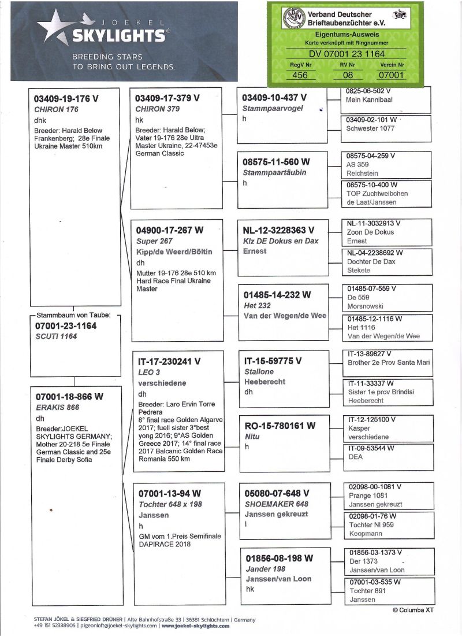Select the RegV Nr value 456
tap(300, 75)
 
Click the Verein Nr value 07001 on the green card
tap(392, 75)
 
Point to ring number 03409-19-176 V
tap(66, 99)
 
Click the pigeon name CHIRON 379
tap(158, 109)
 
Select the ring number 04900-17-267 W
tap(170, 230)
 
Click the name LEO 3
tap(146, 372)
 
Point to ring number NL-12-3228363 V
tap(279, 230)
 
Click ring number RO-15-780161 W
tap(280, 426)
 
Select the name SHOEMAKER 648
tap(277, 504)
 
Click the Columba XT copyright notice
tap(413, 609)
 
